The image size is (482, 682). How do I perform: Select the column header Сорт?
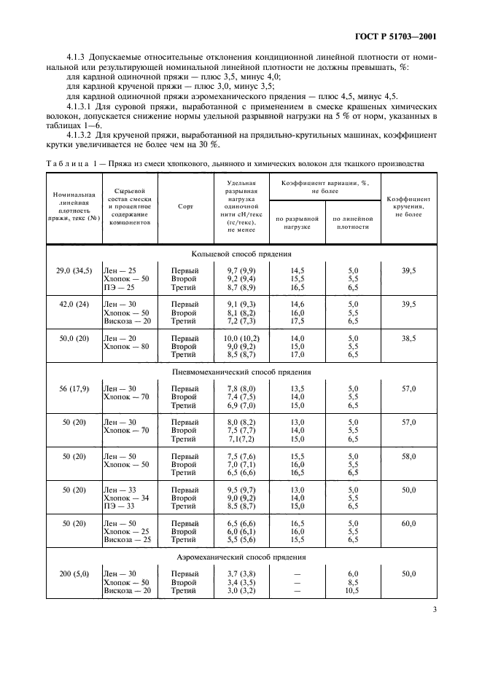coord(184,206)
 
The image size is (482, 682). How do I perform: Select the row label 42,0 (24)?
coord(68,303)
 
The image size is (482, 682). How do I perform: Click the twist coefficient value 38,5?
coord(408,338)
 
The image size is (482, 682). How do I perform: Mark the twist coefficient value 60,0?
coord(408,523)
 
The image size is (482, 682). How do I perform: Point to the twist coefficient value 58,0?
coord(408,456)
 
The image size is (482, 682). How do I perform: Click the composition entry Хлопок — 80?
coord(126,347)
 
